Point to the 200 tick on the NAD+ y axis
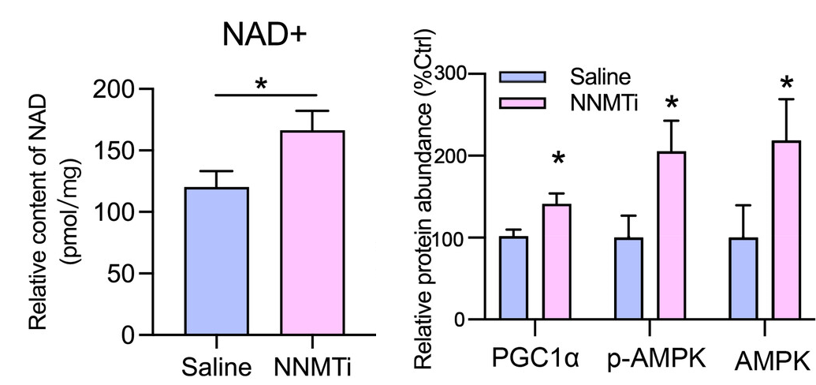coord(114,90)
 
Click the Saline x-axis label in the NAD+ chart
coord(216,368)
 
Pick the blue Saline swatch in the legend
coord(522,77)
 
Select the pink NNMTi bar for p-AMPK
coord(671,236)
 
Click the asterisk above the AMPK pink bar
coord(786,84)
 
